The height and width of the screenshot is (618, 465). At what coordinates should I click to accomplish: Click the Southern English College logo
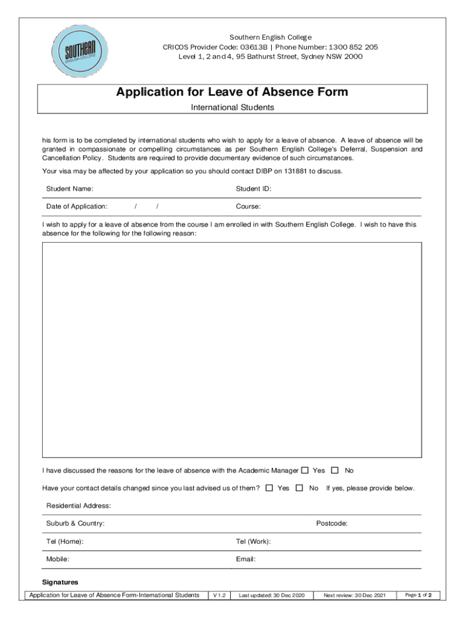[x=79, y=50]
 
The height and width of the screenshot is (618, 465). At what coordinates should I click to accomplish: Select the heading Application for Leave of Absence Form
[x=232, y=92]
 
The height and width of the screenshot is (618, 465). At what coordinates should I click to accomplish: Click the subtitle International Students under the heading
[x=232, y=107]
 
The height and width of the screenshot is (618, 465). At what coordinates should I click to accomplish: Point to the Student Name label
[x=69, y=189]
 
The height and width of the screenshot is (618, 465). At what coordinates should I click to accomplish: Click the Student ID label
[x=253, y=189]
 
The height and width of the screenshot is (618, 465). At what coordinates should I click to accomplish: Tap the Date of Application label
[x=77, y=206]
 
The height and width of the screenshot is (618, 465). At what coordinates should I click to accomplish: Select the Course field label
[x=248, y=206]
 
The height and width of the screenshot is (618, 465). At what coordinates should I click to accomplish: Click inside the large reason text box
[x=232, y=350]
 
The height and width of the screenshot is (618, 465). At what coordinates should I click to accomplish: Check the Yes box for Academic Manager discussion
[x=304, y=470]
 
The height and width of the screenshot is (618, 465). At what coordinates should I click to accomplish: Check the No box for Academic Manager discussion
[x=335, y=470]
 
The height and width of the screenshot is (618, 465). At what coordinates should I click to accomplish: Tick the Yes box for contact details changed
[x=269, y=488]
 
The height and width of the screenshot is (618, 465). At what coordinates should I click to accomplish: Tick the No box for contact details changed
[x=300, y=488]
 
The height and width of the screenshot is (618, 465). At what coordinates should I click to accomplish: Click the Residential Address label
[x=79, y=506]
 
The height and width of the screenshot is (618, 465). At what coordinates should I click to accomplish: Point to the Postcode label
[x=332, y=523]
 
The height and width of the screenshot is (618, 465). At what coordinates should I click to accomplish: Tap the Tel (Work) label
[x=253, y=541]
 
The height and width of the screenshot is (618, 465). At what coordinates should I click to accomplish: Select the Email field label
[x=246, y=559]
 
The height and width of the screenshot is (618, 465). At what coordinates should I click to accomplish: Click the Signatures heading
[x=60, y=582]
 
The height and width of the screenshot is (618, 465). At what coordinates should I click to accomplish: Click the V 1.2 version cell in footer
[x=218, y=596]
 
